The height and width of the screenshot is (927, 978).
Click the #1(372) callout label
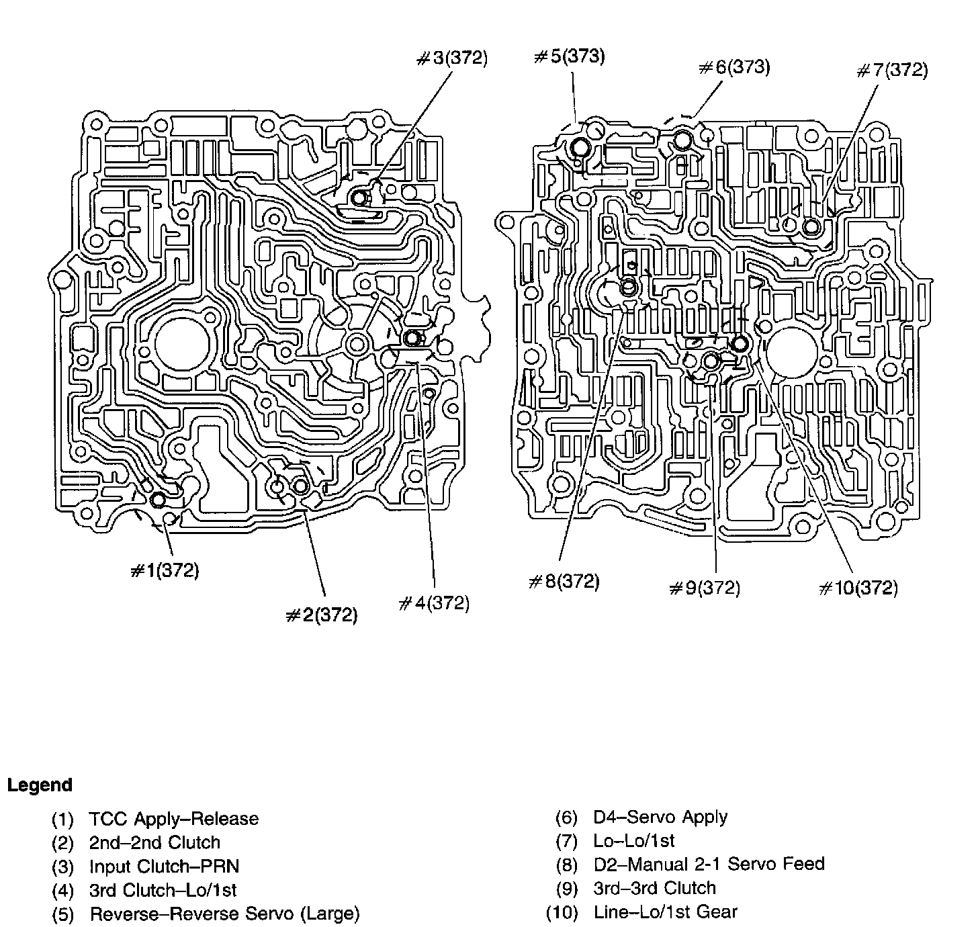pyautogui.click(x=165, y=571)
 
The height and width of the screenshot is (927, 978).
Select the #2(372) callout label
pyautogui.click(x=321, y=615)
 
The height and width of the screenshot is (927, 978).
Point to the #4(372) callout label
pyautogui.click(x=434, y=603)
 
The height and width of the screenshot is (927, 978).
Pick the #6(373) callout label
pyautogui.click(x=734, y=67)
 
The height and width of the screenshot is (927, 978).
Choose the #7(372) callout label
pyautogui.click(x=893, y=71)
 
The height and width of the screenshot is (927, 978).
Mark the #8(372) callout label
pyautogui.click(x=564, y=581)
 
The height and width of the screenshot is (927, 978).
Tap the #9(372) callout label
pyautogui.click(x=705, y=588)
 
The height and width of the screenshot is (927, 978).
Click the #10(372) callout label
pyautogui.click(x=858, y=588)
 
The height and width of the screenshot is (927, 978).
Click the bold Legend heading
pyautogui.click(x=40, y=785)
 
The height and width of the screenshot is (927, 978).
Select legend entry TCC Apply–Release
pyautogui.click(x=173, y=819)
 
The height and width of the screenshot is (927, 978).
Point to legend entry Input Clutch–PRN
pyautogui.click(x=164, y=867)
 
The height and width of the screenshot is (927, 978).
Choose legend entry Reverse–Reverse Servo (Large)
pyautogui.click(x=224, y=914)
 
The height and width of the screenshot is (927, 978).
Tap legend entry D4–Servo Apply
pyautogui.click(x=660, y=817)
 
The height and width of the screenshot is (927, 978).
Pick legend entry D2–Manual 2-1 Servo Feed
pyautogui.click(x=709, y=864)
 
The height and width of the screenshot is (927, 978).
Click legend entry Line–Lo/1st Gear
pyautogui.click(x=665, y=912)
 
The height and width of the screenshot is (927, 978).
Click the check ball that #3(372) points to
pyautogui.click(x=361, y=197)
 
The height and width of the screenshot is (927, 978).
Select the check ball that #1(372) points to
pyautogui.click(x=158, y=500)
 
